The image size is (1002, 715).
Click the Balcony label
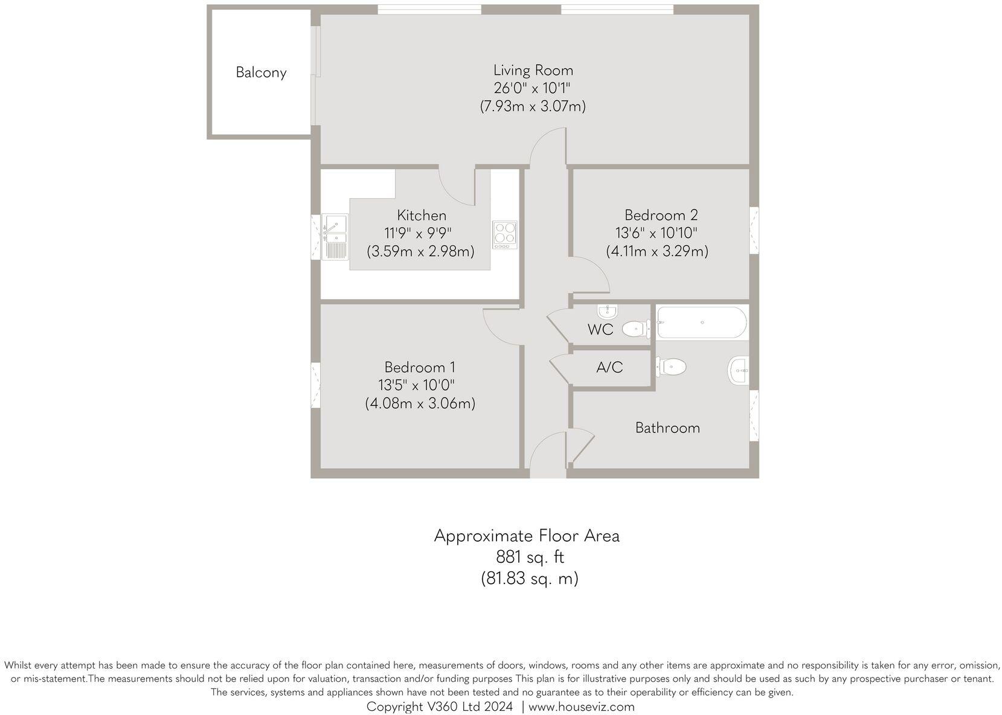click(261, 72)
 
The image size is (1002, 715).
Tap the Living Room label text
click(533, 70)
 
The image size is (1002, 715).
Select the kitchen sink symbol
click(335, 236)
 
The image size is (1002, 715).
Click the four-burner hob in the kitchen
click(505, 234)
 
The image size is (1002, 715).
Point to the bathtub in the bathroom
click(701, 322)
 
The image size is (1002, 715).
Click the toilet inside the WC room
click(635, 329)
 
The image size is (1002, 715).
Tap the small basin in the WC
click(607, 312)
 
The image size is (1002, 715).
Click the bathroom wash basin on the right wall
click(739, 370)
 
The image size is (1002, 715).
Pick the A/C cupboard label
click(609, 367)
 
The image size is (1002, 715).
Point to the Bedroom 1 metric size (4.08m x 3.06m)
click(420, 403)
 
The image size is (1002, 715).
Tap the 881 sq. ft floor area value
click(530, 557)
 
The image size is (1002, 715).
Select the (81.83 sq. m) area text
click(529, 579)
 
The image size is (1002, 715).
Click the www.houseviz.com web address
click(581, 707)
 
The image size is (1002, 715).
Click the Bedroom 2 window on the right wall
click(754, 230)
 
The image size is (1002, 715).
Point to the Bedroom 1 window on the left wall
click(315, 385)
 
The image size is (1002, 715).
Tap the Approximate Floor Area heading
click(527, 536)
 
